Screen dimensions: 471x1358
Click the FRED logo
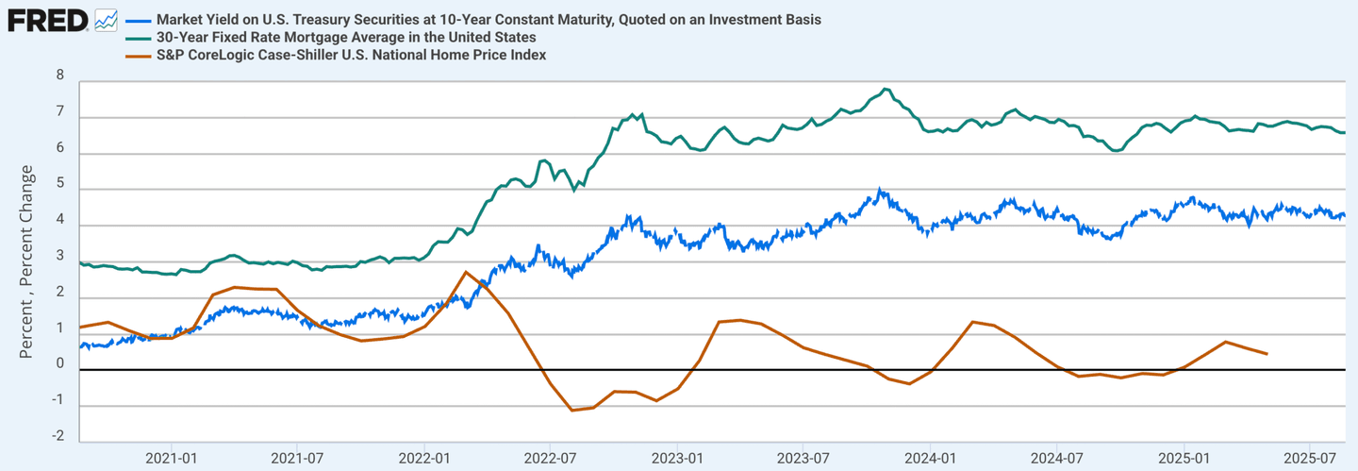point(47,19)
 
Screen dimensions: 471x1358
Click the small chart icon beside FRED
point(107,19)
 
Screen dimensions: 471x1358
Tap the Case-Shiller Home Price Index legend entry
point(352,55)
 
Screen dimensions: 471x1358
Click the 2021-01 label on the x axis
point(172,458)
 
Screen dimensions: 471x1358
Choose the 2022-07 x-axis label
point(549,458)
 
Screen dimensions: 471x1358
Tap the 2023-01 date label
point(678,458)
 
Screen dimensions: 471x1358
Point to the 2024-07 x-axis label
point(1056,458)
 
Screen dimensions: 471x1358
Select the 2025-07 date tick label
point(1310,458)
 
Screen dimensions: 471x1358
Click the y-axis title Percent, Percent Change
point(27,261)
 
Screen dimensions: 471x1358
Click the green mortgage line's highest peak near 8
point(885,89)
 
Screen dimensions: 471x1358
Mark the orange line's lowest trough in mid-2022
point(572,410)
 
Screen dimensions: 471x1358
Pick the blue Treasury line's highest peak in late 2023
point(879,190)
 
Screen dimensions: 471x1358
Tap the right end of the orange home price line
point(1267,354)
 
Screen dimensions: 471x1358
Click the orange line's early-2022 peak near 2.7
point(466,272)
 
